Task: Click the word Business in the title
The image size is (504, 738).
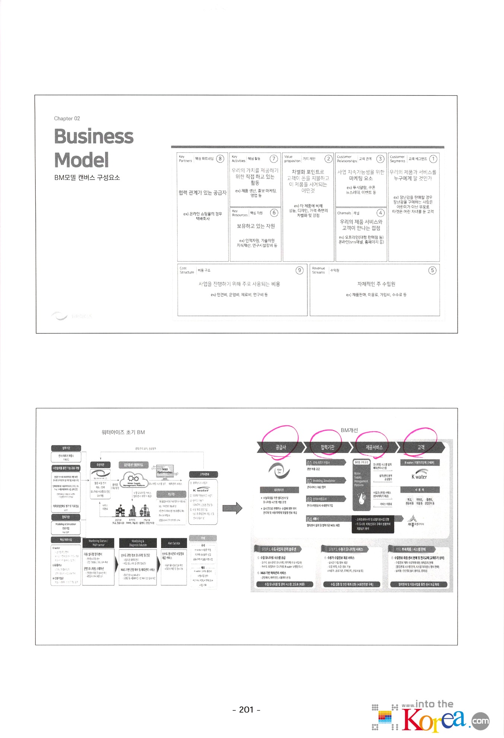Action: [93, 136]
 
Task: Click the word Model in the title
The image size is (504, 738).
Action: [81, 160]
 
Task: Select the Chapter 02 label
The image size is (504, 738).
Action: [67, 119]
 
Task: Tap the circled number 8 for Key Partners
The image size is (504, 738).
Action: [220, 159]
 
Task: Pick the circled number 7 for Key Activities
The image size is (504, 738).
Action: [273, 159]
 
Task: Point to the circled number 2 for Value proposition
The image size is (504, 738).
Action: [328, 159]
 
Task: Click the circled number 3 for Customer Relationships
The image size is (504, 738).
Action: [380, 159]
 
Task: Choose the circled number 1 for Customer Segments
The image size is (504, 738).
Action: [433, 159]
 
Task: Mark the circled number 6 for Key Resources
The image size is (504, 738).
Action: [274, 213]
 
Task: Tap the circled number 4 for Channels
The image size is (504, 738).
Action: [380, 213]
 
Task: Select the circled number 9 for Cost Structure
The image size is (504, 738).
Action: [299, 270]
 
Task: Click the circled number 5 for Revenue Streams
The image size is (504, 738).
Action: [432, 270]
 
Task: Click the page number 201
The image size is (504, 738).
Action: [246, 709]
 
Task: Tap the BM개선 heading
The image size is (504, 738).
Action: [349, 430]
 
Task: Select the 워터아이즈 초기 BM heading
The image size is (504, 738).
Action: [123, 432]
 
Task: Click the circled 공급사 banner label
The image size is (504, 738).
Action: [280, 447]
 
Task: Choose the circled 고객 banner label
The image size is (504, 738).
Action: [421, 447]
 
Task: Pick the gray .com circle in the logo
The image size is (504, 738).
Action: [480, 721]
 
